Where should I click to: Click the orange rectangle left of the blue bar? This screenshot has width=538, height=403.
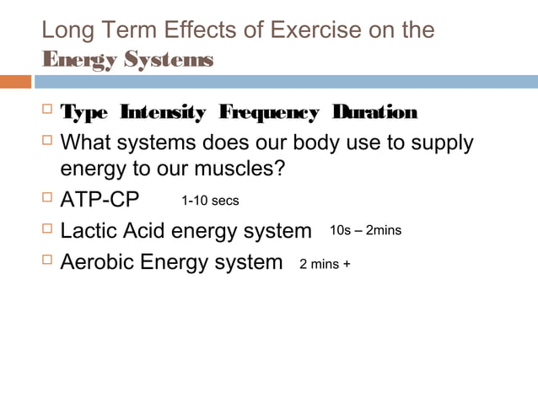click(15, 82)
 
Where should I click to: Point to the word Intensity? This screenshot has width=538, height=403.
click(163, 113)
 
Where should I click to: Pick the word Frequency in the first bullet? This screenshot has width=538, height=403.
click(269, 113)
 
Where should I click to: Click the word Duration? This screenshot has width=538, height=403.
click(375, 113)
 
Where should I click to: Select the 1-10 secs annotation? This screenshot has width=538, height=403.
click(211, 201)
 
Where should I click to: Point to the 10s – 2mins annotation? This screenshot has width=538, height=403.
click(365, 230)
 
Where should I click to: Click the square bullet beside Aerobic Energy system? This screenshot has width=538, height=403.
click(47, 261)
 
